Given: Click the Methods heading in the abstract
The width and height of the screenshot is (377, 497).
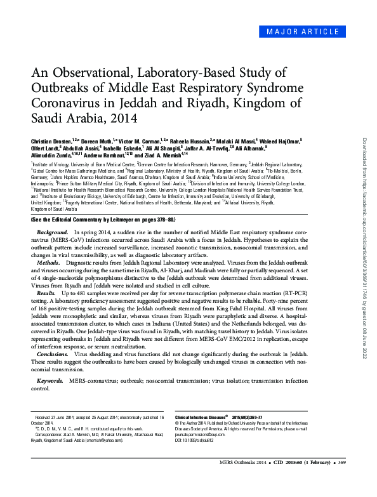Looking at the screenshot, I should [49, 261].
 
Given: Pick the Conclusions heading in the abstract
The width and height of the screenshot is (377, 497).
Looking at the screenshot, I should [53, 353].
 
